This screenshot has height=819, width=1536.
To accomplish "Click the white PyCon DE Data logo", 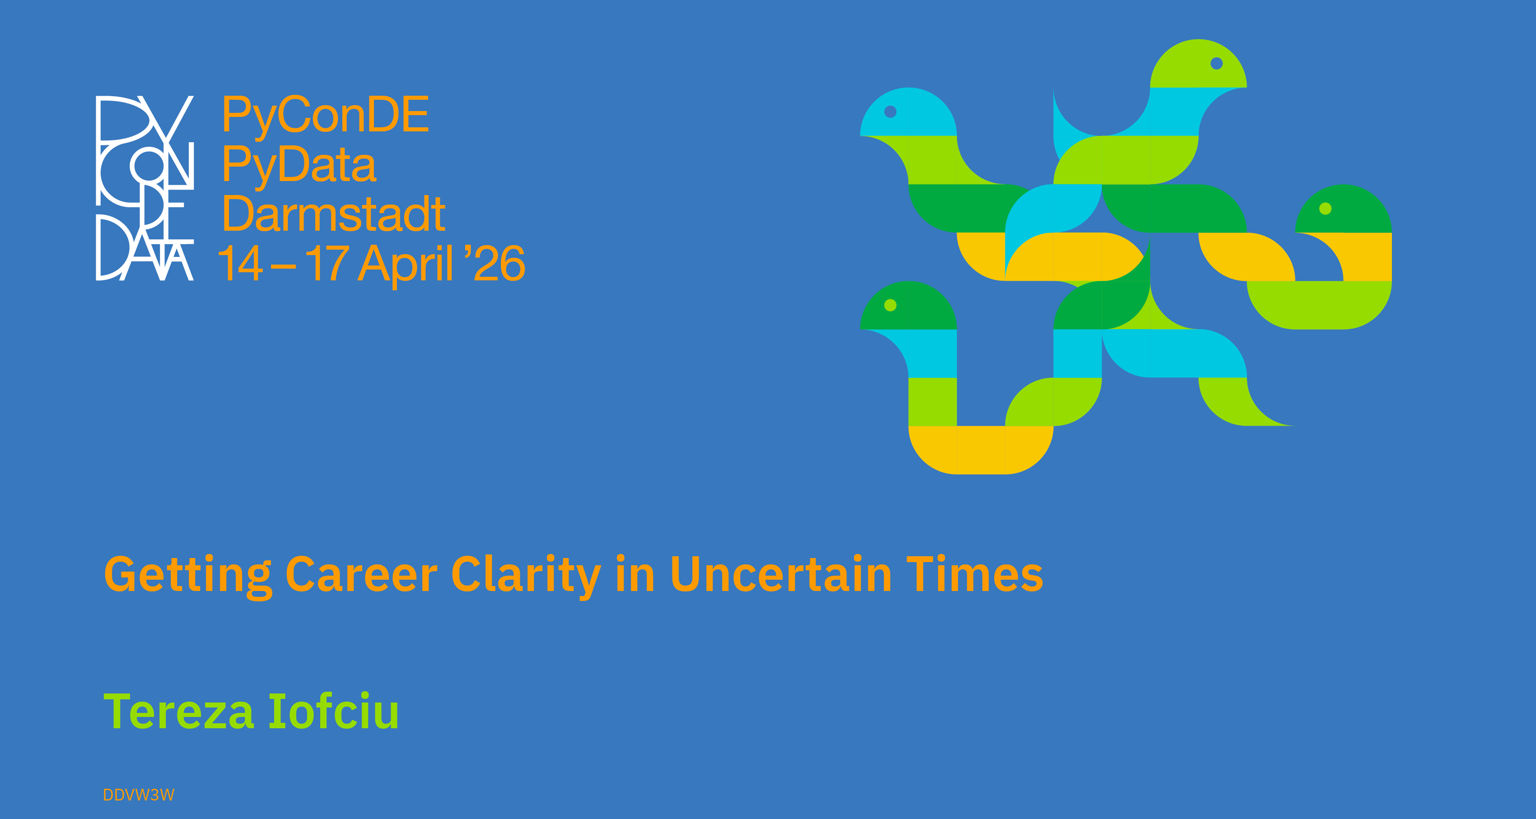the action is pyautogui.click(x=145, y=188).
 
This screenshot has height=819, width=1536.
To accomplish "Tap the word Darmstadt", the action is pyautogui.click(x=334, y=214).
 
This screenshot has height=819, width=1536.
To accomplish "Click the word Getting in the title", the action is pyautogui.click(x=188, y=575).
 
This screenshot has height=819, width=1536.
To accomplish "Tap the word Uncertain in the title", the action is pyautogui.click(x=781, y=574).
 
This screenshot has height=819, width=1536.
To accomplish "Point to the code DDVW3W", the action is pyautogui.click(x=139, y=795).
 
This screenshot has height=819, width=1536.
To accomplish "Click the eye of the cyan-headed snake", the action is pyautogui.click(x=890, y=112).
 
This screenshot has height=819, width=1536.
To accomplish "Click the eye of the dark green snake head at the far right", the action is pyautogui.click(x=1326, y=209).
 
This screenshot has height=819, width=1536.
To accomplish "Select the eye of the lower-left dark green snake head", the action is pyautogui.click(x=890, y=305).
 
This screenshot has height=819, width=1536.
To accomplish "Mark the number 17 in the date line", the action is pyautogui.click(x=327, y=263).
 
